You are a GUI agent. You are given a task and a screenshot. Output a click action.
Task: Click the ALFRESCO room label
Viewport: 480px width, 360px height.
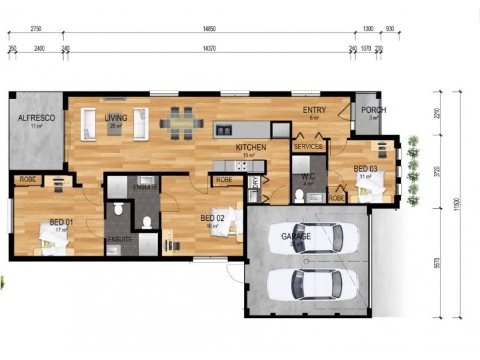point(37,118)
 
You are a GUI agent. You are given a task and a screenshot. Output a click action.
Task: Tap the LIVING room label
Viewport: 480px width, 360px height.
point(116,118)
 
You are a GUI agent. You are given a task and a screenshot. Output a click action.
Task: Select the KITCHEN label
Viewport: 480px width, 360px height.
point(251,147)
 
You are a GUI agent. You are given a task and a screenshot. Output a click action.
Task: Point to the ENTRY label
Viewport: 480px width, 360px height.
point(314,110)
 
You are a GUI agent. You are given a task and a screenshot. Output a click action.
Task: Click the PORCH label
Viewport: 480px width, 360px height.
point(374,110)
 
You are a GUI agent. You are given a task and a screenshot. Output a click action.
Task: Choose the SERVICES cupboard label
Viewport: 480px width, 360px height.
point(308,146)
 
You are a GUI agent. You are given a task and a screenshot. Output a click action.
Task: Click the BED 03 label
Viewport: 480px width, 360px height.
point(365,169)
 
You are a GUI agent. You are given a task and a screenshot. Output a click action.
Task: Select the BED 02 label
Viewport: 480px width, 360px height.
point(212,218)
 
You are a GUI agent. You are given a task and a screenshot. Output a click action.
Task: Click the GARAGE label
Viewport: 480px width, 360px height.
point(296,236)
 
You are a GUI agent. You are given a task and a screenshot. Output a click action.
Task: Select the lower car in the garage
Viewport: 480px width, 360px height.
point(304,283)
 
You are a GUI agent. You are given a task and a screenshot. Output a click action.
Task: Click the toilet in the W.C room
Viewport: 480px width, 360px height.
point(299,196)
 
